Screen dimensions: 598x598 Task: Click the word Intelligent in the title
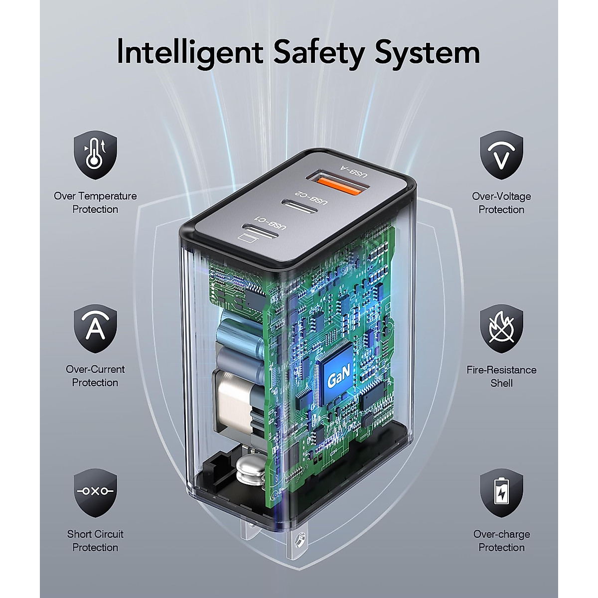(189, 52)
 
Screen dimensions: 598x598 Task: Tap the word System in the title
(427, 52)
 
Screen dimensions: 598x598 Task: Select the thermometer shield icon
(95, 155)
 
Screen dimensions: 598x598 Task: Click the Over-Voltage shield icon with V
(501, 155)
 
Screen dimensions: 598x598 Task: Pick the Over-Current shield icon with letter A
(95, 328)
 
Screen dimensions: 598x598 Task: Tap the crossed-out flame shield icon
(501, 328)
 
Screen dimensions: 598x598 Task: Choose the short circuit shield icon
(95, 492)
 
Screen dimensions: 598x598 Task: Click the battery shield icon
(501, 492)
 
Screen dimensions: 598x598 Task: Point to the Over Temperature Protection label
(95, 203)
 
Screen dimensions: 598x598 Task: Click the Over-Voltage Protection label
(501, 203)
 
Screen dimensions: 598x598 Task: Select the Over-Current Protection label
(95, 376)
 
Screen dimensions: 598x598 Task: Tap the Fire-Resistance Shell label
(501, 376)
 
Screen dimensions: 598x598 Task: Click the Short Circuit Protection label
(95, 541)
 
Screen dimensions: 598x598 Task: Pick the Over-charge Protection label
(501, 541)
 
